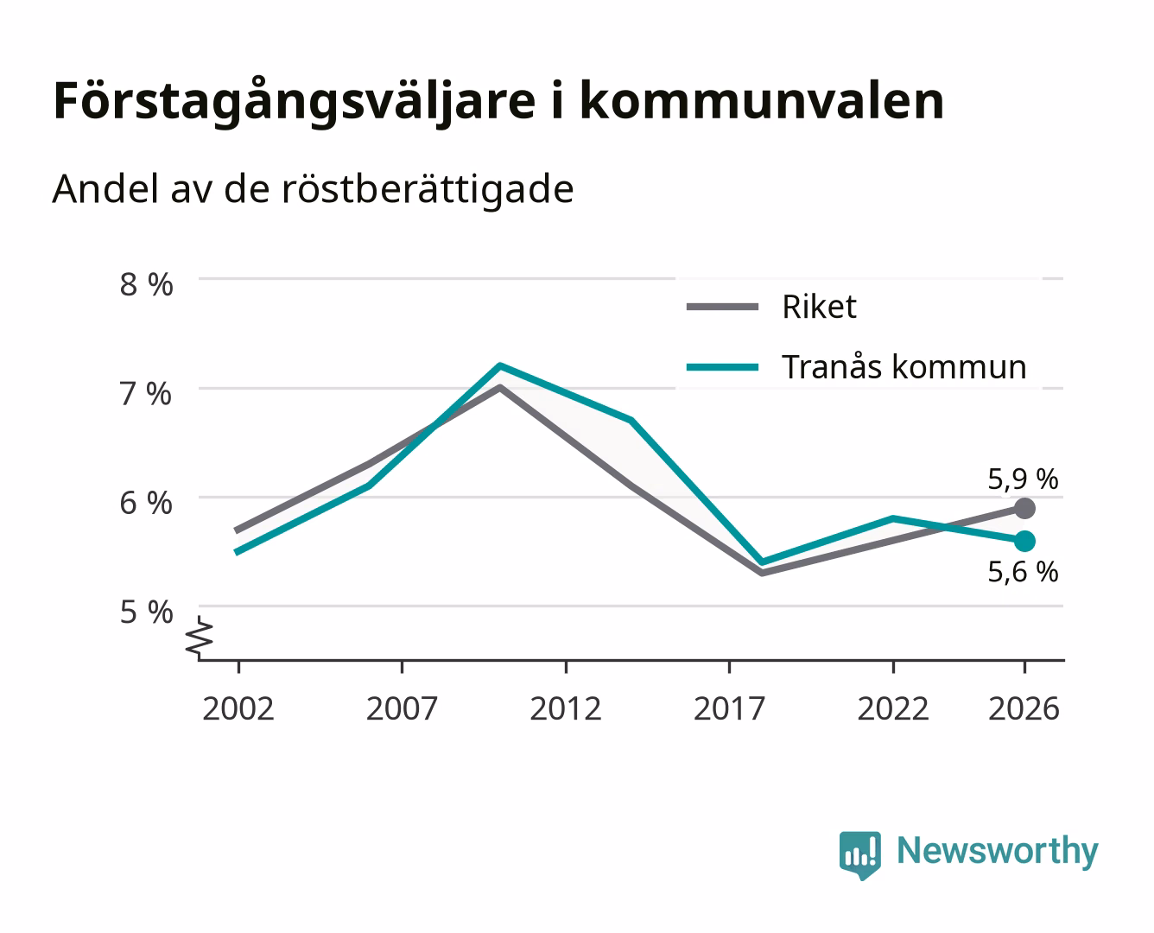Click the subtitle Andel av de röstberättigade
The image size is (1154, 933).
click(x=313, y=190)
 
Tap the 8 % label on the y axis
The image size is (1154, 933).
click(x=146, y=284)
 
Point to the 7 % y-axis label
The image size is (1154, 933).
click(x=146, y=394)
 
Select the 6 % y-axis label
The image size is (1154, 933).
click(x=146, y=504)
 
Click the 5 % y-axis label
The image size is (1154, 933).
click(x=146, y=612)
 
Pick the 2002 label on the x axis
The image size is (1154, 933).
click(x=238, y=708)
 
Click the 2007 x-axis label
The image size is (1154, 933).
click(x=402, y=708)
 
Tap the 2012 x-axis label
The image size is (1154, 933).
click(x=566, y=708)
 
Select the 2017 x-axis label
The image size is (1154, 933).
click(x=729, y=708)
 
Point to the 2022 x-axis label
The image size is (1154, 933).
click(x=893, y=708)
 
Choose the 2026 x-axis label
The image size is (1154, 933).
click(x=1024, y=708)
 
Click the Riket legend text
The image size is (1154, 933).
click(x=819, y=307)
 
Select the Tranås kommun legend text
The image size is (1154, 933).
click(x=904, y=367)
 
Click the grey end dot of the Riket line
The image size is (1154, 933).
click(x=1024, y=508)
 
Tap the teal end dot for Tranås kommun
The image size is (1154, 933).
click(x=1024, y=541)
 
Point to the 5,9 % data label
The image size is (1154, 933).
click(x=1023, y=479)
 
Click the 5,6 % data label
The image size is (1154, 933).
click(x=1023, y=572)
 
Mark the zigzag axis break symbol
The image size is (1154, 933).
click(x=200, y=638)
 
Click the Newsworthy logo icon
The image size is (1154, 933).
click(x=859, y=855)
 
